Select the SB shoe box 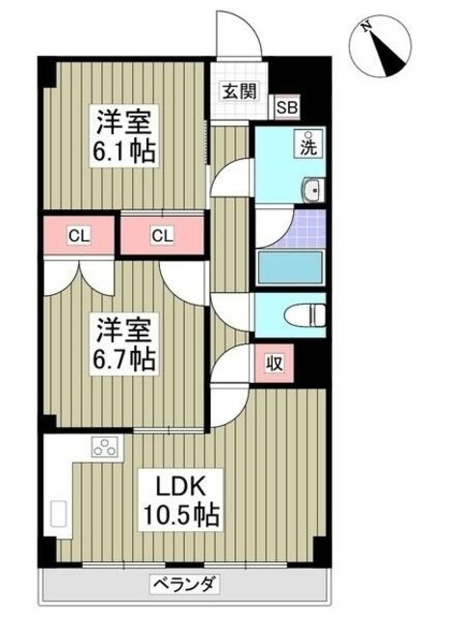tap(286, 107)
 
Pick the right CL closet tap(163, 234)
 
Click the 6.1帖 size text tap(124, 150)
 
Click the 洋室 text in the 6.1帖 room tap(123, 122)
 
